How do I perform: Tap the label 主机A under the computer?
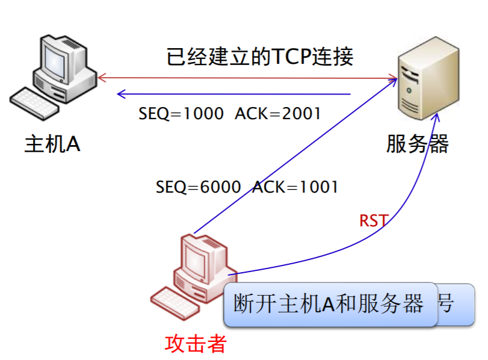52,144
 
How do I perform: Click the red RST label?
373,220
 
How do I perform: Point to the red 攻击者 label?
196,343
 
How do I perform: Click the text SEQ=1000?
181,114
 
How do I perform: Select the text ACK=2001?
278,114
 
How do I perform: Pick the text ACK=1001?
295,187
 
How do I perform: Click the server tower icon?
429,84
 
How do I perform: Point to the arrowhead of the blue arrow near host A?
120,93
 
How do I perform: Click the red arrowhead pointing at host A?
102,77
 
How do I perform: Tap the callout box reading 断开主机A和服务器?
330,304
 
